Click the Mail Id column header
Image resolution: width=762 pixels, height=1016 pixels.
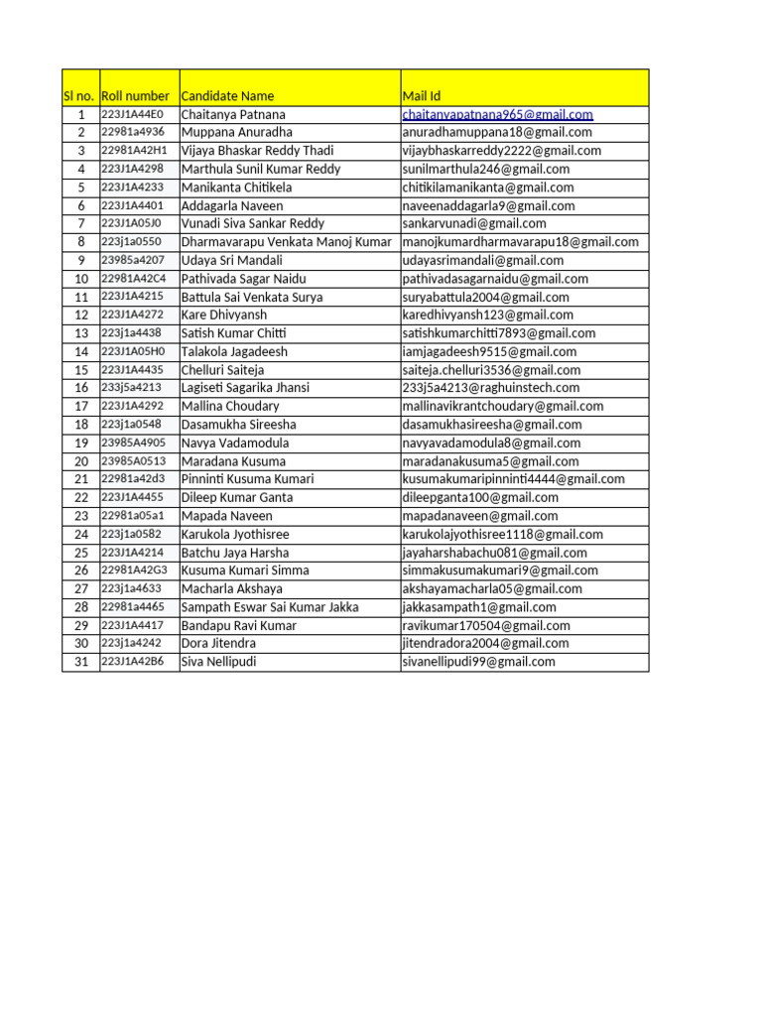[422, 96]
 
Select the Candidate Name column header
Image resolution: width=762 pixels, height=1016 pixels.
[227, 96]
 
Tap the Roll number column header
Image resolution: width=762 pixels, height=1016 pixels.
[135, 96]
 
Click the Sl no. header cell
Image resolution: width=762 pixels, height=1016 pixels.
[79, 96]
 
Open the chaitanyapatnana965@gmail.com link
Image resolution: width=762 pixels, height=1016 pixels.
[497, 114]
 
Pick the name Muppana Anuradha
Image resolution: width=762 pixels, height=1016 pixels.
[236, 132]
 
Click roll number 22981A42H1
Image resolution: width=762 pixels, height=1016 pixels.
[135, 151]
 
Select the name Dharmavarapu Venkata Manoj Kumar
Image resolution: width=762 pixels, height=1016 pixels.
[287, 242]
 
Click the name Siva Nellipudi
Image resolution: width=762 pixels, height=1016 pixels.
[218, 662]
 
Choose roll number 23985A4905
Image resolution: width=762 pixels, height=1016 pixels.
[134, 443]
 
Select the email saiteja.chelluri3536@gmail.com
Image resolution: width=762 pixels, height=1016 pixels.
[491, 370]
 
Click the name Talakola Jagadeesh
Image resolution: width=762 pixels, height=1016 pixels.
[234, 351]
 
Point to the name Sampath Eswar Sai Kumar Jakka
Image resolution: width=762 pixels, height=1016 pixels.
[270, 607]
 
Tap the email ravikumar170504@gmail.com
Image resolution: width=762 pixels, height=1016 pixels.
[486, 625]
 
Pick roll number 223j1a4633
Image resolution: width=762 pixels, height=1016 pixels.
[132, 588]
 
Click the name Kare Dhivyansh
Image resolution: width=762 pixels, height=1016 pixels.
[224, 315]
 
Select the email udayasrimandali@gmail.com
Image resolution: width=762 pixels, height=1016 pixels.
[483, 260]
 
